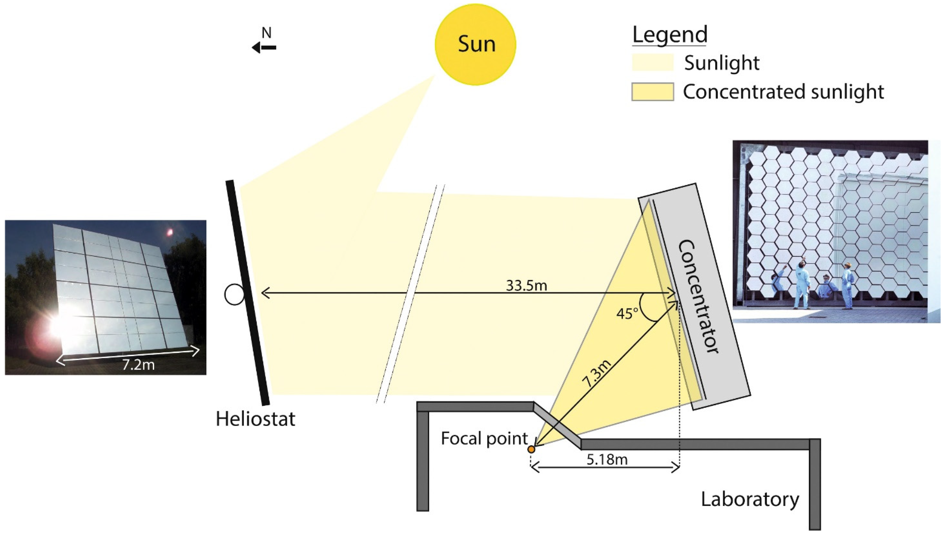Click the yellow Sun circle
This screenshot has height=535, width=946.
pyautogui.click(x=475, y=44)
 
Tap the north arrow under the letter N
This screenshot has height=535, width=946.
pyautogui.click(x=264, y=47)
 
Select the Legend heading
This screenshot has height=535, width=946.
pyautogui.click(x=670, y=34)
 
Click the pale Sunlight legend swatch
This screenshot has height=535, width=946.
pyautogui.click(x=653, y=62)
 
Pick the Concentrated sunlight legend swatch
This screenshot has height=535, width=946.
pyautogui.click(x=653, y=92)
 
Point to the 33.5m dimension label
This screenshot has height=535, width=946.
pyautogui.click(x=527, y=285)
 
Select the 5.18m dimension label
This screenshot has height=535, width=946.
pyautogui.click(x=607, y=459)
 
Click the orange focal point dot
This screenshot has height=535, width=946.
pyautogui.click(x=531, y=449)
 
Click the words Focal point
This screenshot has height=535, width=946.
pyautogui.click(x=484, y=439)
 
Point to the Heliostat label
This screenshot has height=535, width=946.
pyautogui.click(x=255, y=419)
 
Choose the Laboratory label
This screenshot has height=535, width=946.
pyautogui.click(x=750, y=500)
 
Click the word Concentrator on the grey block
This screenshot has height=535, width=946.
pyautogui.click(x=698, y=297)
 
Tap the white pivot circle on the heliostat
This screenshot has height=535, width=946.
pyautogui.click(x=234, y=295)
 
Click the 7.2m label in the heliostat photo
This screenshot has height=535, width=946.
pyautogui.click(x=138, y=365)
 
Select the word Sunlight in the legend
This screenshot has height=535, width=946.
pyautogui.click(x=722, y=63)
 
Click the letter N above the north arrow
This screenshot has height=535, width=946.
pyautogui.click(x=267, y=33)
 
